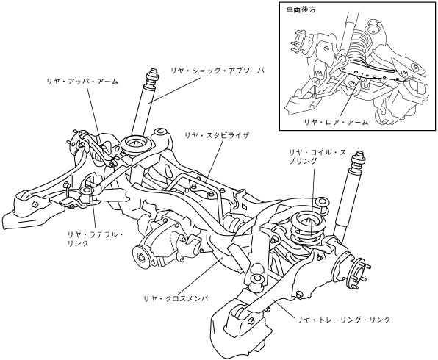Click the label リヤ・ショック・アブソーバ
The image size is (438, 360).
[x=218, y=71]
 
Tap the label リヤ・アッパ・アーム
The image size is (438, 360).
[x=82, y=82]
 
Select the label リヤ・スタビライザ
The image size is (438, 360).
[x=217, y=136]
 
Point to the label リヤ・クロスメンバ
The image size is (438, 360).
[x=176, y=298]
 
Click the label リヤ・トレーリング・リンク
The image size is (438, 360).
[x=343, y=320]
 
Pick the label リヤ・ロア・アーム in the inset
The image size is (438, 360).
[x=336, y=122]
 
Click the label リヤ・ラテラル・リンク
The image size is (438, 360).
[x=95, y=239]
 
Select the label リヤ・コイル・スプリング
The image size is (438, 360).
[x=317, y=156]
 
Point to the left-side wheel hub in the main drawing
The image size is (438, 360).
[x=74, y=143]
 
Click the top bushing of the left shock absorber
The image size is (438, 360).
[x=153, y=77]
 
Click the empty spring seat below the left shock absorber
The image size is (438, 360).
[x=137, y=144]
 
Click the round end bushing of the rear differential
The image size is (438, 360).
[x=142, y=256]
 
